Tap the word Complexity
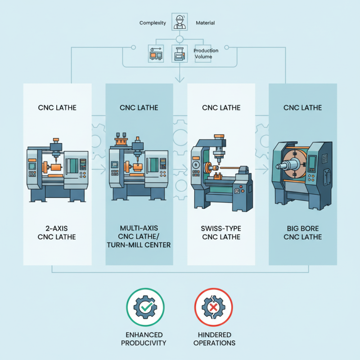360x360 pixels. coord(153,23)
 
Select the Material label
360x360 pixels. coord(206,23)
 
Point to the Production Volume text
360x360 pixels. coord(206,54)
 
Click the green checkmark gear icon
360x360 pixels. coord(146,307)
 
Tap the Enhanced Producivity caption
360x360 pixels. coord(146,339)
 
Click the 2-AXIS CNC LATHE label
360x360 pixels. coord(57,233)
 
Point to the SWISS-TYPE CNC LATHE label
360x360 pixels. coord(221,233)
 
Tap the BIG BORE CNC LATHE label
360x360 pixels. coord(303,233)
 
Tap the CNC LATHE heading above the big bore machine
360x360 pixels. coord(303,108)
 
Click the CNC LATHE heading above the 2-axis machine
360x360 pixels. coord(57,108)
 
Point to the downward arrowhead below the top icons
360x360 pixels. coord(180,80)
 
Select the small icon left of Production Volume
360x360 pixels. coord(180,54)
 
